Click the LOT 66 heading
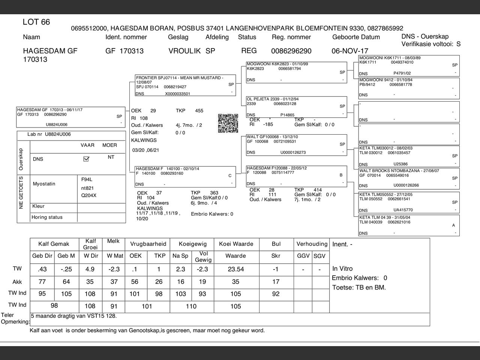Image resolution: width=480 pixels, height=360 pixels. [x=36, y=22]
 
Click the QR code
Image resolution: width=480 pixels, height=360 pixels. [x=228, y=123]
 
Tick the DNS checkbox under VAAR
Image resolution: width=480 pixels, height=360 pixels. [x=86, y=159]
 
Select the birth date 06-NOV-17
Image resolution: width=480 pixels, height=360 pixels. [x=350, y=51]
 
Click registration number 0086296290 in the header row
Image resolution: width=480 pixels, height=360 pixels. [x=291, y=51]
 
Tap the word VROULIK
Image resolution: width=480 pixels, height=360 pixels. [x=184, y=51]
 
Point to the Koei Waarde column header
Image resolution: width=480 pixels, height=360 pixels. [x=236, y=244]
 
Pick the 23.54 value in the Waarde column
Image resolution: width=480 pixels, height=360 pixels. [x=235, y=269]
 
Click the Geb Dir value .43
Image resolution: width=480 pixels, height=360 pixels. [x=42, y=269]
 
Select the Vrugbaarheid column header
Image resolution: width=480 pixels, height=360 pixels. [x=148, y=244]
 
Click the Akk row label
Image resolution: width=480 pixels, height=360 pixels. [x=17, y=282]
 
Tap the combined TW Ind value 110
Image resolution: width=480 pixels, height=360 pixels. [x=191, y=306]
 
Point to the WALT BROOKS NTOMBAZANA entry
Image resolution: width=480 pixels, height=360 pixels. [x=399, y=171]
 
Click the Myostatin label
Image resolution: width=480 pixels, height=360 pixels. [x=44, y=184]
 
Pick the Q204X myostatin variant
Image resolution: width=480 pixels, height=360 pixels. [x=89, y=195]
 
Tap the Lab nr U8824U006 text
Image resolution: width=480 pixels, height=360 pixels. [x=49, y=134]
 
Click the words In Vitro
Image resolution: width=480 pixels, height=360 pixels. [x=342, y=268]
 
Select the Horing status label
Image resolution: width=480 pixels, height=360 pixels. [x=47, y=217]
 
